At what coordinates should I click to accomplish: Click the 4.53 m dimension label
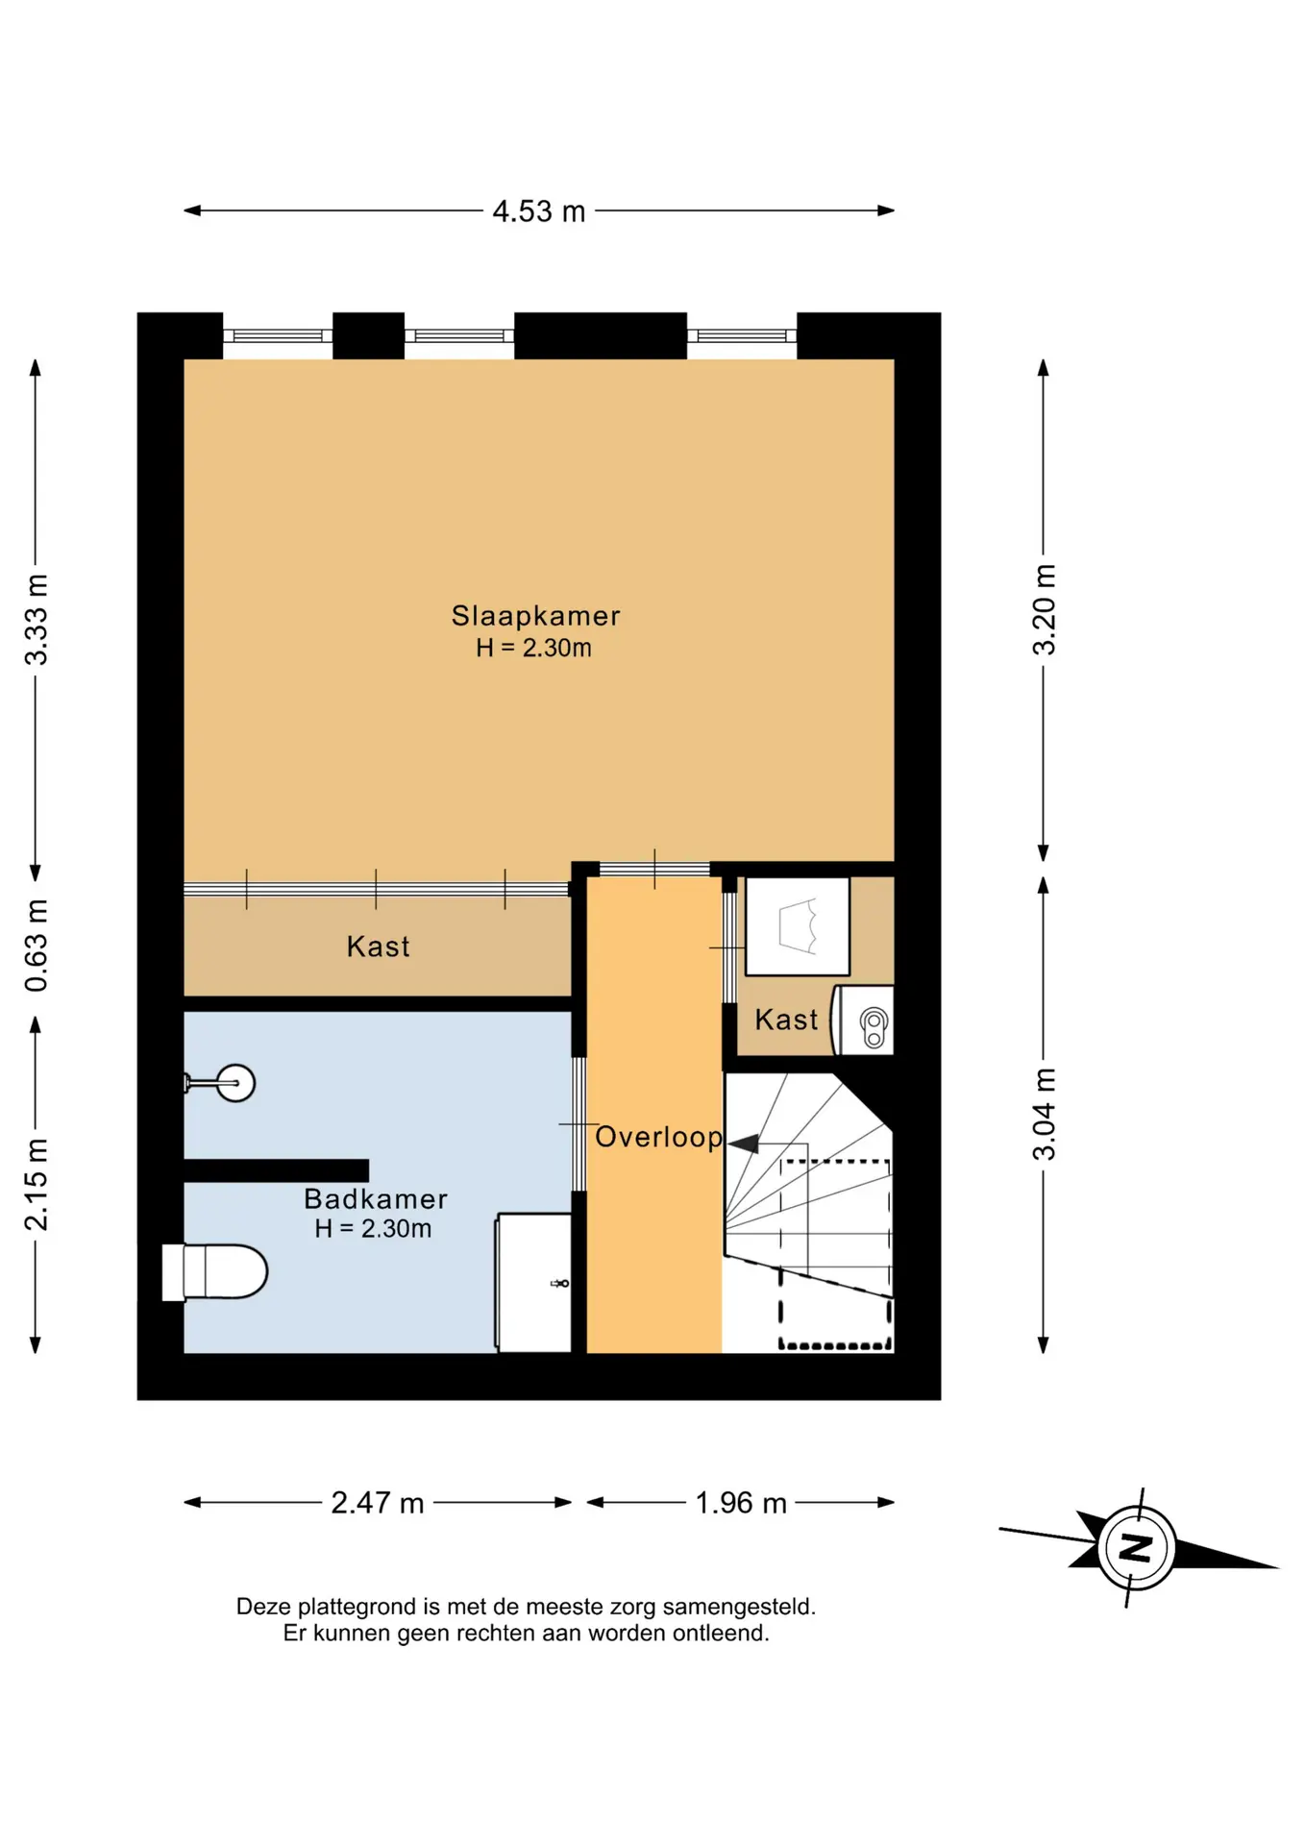(x=538, y=211)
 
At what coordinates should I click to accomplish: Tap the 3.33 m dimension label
(x=37, y=620)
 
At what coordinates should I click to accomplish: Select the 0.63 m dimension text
(x=37, y=946)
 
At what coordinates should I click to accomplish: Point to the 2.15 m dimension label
(x=37, y=1184)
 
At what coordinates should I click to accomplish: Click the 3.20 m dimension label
(x=1044, y=610)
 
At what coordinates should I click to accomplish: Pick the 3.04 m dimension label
(x=1044, y=1115)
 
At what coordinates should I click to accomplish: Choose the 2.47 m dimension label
(x=378, y=1503)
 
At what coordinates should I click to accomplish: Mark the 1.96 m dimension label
(x=741, y=1503)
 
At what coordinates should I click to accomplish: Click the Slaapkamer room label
(x=535, y=616)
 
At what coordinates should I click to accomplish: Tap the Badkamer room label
(x=376, y=1199)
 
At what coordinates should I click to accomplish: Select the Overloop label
(x=658, y=1138)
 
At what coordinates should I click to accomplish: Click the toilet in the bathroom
(x=214, y=1271)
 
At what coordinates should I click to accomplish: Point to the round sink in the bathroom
(x=235, y=1083)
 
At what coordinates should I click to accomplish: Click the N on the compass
(x=1137, y=1547)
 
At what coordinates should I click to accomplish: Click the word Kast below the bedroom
(x=378, y=947)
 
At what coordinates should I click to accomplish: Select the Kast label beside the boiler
(x=786, y=1020)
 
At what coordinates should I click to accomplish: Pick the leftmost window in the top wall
(x=278, y=336)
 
